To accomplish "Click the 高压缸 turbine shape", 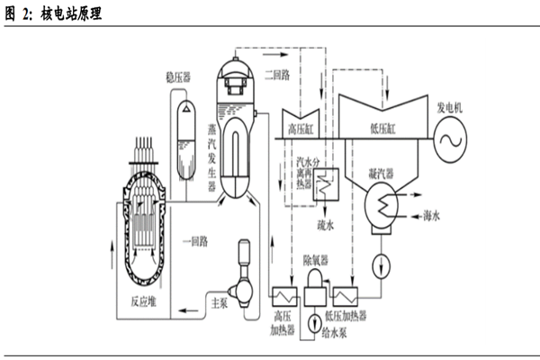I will [303, 125].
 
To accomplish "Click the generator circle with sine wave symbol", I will [454, 141].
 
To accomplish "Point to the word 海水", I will [436, 217].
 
